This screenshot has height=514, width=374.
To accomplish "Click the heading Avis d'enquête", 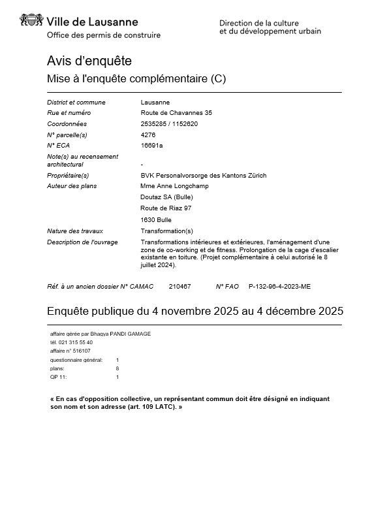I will (89, 61).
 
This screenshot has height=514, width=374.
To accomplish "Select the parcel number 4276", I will (148, 135).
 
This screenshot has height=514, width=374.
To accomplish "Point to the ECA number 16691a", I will (151, 145).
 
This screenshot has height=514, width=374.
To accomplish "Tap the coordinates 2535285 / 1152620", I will (169, 123).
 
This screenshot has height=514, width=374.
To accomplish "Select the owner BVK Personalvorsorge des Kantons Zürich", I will (204, 175).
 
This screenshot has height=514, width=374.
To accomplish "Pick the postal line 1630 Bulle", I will (156, 219).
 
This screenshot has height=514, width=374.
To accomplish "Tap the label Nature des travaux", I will (75, 231).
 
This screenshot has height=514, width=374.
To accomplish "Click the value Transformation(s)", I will (167, 231).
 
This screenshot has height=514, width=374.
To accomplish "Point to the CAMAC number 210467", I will (179, 286).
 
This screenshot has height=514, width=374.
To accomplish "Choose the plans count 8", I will (117, 368).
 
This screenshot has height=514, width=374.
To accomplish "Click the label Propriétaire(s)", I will (68, 175).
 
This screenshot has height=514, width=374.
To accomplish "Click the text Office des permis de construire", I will (104, 35).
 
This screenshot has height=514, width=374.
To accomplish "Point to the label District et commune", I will (76, 103).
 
